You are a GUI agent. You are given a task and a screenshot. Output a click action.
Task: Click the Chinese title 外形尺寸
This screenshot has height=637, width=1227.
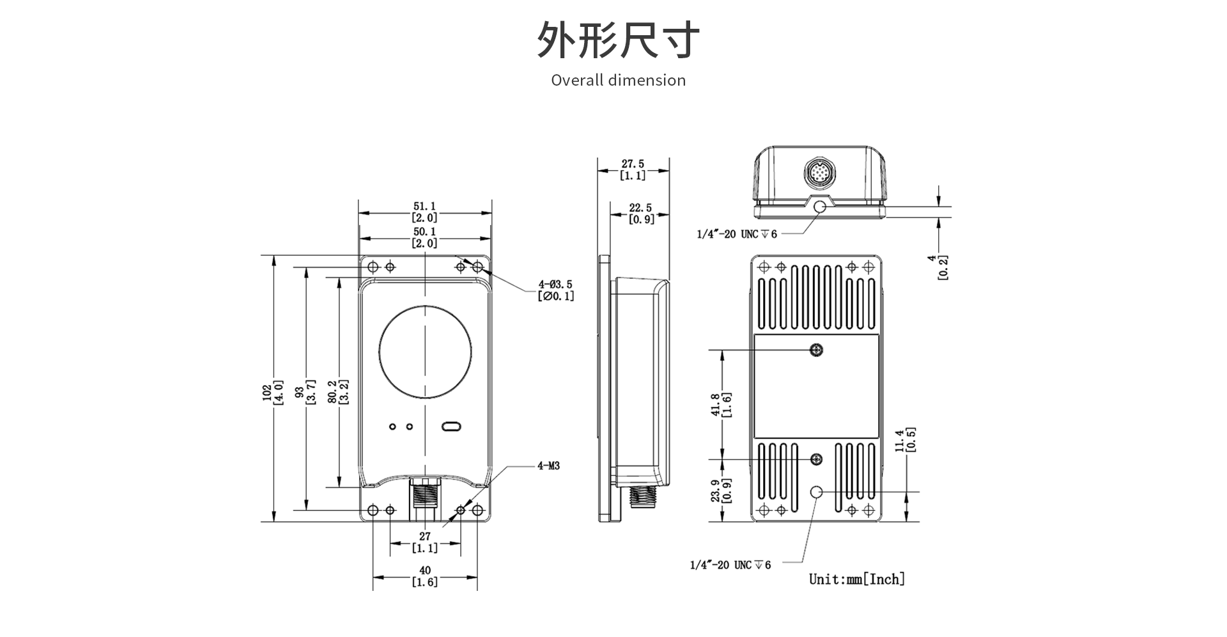(617, 40)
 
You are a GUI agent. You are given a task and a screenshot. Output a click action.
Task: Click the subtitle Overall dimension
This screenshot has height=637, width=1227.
(618, 81)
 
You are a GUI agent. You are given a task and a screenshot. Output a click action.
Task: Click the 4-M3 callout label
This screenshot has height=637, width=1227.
(548, 466)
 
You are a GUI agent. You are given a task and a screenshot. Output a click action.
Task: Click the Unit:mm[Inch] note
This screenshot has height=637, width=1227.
(857, 579)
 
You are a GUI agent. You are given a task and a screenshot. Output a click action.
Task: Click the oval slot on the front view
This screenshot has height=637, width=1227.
(452, 427)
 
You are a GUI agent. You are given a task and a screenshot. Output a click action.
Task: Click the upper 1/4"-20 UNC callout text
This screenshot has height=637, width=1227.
(736, 234)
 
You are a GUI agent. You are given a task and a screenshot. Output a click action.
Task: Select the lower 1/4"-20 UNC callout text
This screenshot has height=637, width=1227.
(730, 565)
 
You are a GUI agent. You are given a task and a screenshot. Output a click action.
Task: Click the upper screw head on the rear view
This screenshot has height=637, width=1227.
(816, 350)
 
